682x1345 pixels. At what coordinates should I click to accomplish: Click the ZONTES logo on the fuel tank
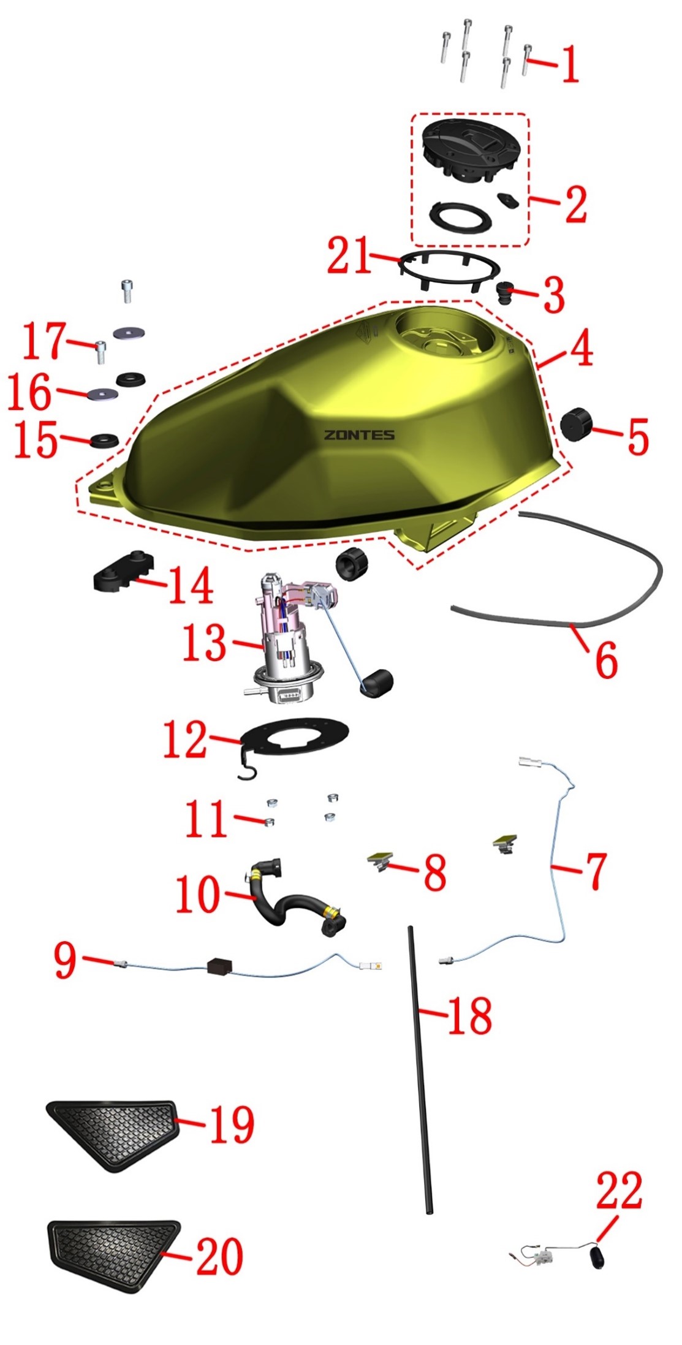tap(359, 435)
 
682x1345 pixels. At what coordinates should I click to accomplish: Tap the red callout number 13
tap(205, 643)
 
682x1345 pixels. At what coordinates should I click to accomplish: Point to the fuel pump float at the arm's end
tap(376, 683)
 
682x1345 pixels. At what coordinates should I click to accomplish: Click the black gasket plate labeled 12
tap(294, 739)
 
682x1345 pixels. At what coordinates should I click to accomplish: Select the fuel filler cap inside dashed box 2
tap(472, 151)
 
